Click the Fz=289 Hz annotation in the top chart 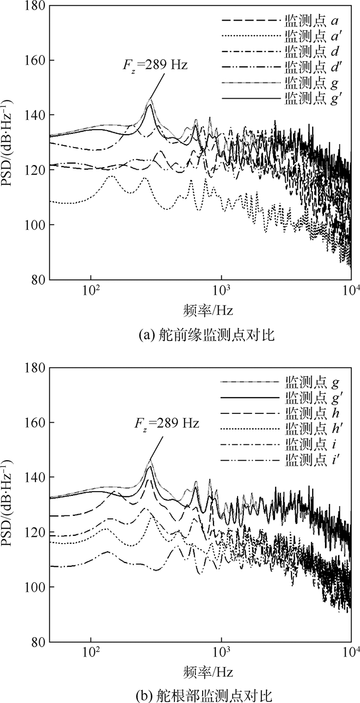click(159, 66)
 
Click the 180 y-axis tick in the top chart click(35, 6)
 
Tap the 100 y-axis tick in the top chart click(35, 225)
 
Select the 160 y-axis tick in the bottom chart click(35, 423)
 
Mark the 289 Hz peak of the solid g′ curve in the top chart click(150, 105)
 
